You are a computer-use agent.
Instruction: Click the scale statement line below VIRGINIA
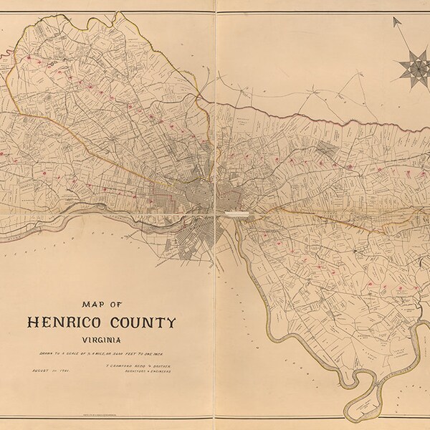(x=104, y=355)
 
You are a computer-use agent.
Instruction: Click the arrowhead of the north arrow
(x=396, y=22)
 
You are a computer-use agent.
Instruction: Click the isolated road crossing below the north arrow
(x=337, y=93)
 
